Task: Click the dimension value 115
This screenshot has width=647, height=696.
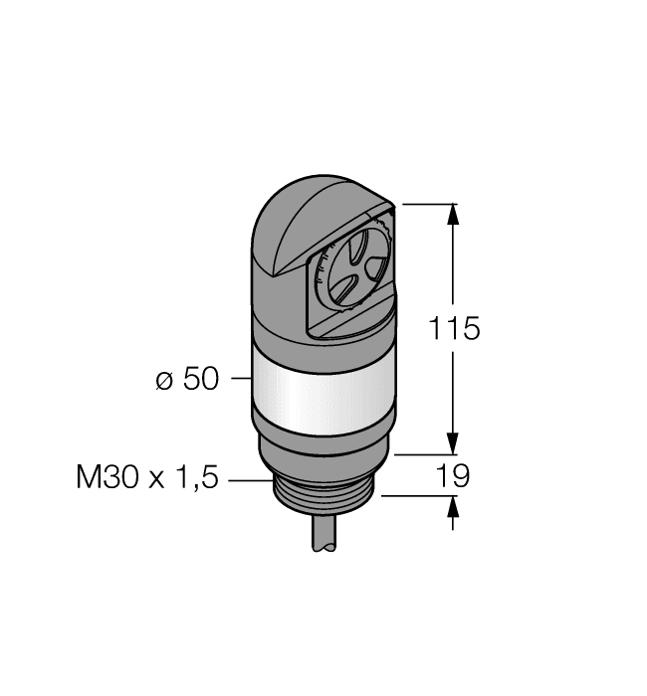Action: tap(454, 328)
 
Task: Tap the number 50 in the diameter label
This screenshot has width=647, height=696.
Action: tap(200, 379)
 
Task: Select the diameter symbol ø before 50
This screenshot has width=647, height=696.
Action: tap(165, 380)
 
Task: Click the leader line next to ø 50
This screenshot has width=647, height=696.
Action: tap(239, 379)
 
